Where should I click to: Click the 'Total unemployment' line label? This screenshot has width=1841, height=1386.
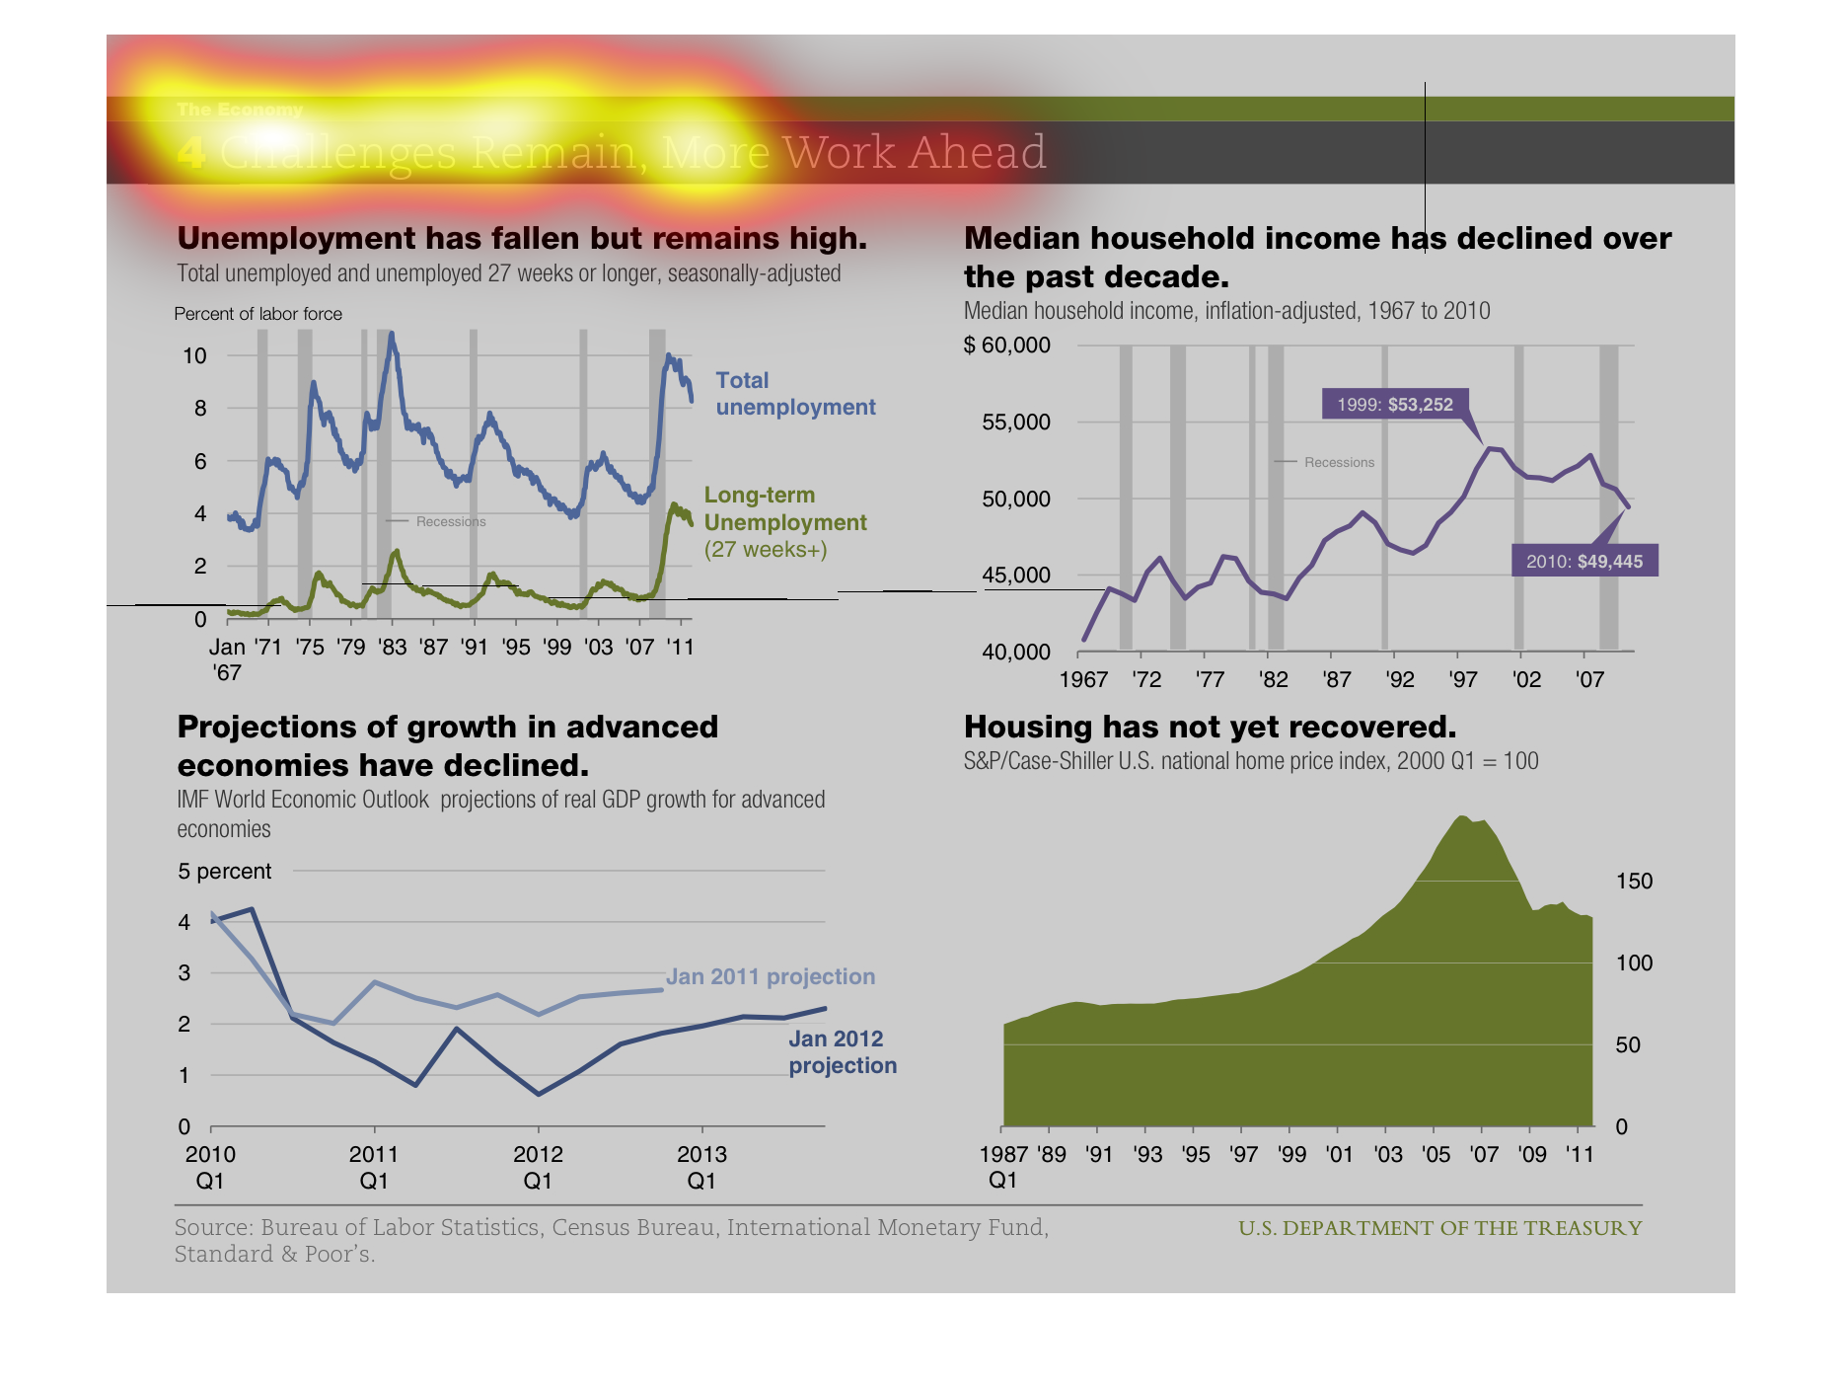point(794,394)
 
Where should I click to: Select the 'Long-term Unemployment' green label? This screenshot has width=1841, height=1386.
point(784,509)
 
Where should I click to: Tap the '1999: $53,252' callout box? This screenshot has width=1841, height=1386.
point(1394,404)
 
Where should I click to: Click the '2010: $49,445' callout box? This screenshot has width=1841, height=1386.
point(1583,561)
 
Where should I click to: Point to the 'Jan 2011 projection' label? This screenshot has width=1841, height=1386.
point(770,976)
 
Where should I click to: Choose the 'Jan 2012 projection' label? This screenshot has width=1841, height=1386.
point(842,1051)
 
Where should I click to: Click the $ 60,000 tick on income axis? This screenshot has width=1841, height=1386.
point(1006,345)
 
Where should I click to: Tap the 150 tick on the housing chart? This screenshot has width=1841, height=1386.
point(1634,881)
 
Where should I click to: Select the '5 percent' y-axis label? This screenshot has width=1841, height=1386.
point(224,871)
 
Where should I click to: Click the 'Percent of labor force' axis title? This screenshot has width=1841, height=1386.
point(258,314)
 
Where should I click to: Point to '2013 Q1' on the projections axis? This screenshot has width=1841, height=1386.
point(701,1166)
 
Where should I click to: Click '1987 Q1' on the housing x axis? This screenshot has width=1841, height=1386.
point(1003,1166)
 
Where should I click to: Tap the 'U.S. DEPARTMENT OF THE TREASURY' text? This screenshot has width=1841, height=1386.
point(1439,1228)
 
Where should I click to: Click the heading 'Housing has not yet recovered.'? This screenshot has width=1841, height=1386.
point(1210,727)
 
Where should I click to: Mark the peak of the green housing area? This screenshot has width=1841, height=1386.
point(1462,817)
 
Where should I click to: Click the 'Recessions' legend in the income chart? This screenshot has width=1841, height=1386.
point(1338,462)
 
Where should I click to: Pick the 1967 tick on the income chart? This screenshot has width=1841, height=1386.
point(1082,679)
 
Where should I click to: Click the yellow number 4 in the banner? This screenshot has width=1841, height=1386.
point(191,153)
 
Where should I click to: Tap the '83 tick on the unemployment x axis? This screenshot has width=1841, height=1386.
point(393,647)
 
